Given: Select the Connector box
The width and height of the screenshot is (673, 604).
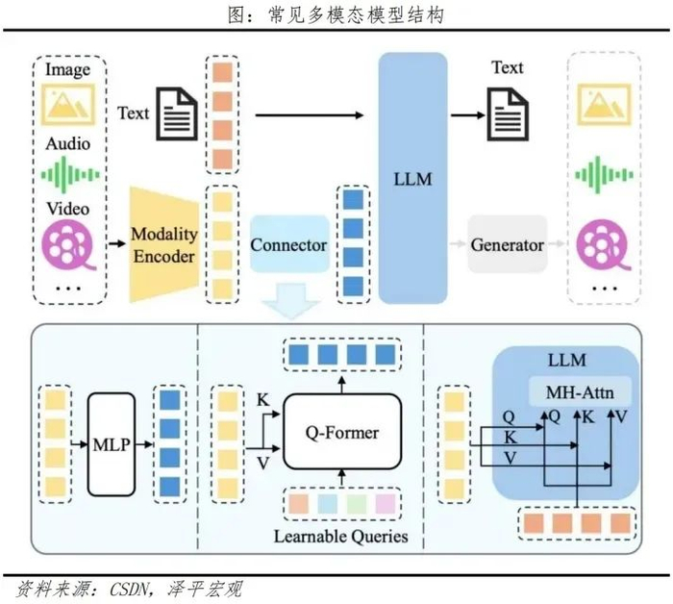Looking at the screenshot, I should click(x=288, y=244).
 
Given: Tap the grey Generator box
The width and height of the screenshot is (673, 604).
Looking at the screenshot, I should click(x=507, y=244).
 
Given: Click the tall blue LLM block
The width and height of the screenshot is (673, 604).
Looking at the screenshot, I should click(x=412, y=178).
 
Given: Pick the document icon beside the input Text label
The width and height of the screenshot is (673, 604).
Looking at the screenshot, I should click(x=176, y=114).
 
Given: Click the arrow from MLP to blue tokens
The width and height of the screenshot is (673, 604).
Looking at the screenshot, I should click(x=148, y=443).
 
